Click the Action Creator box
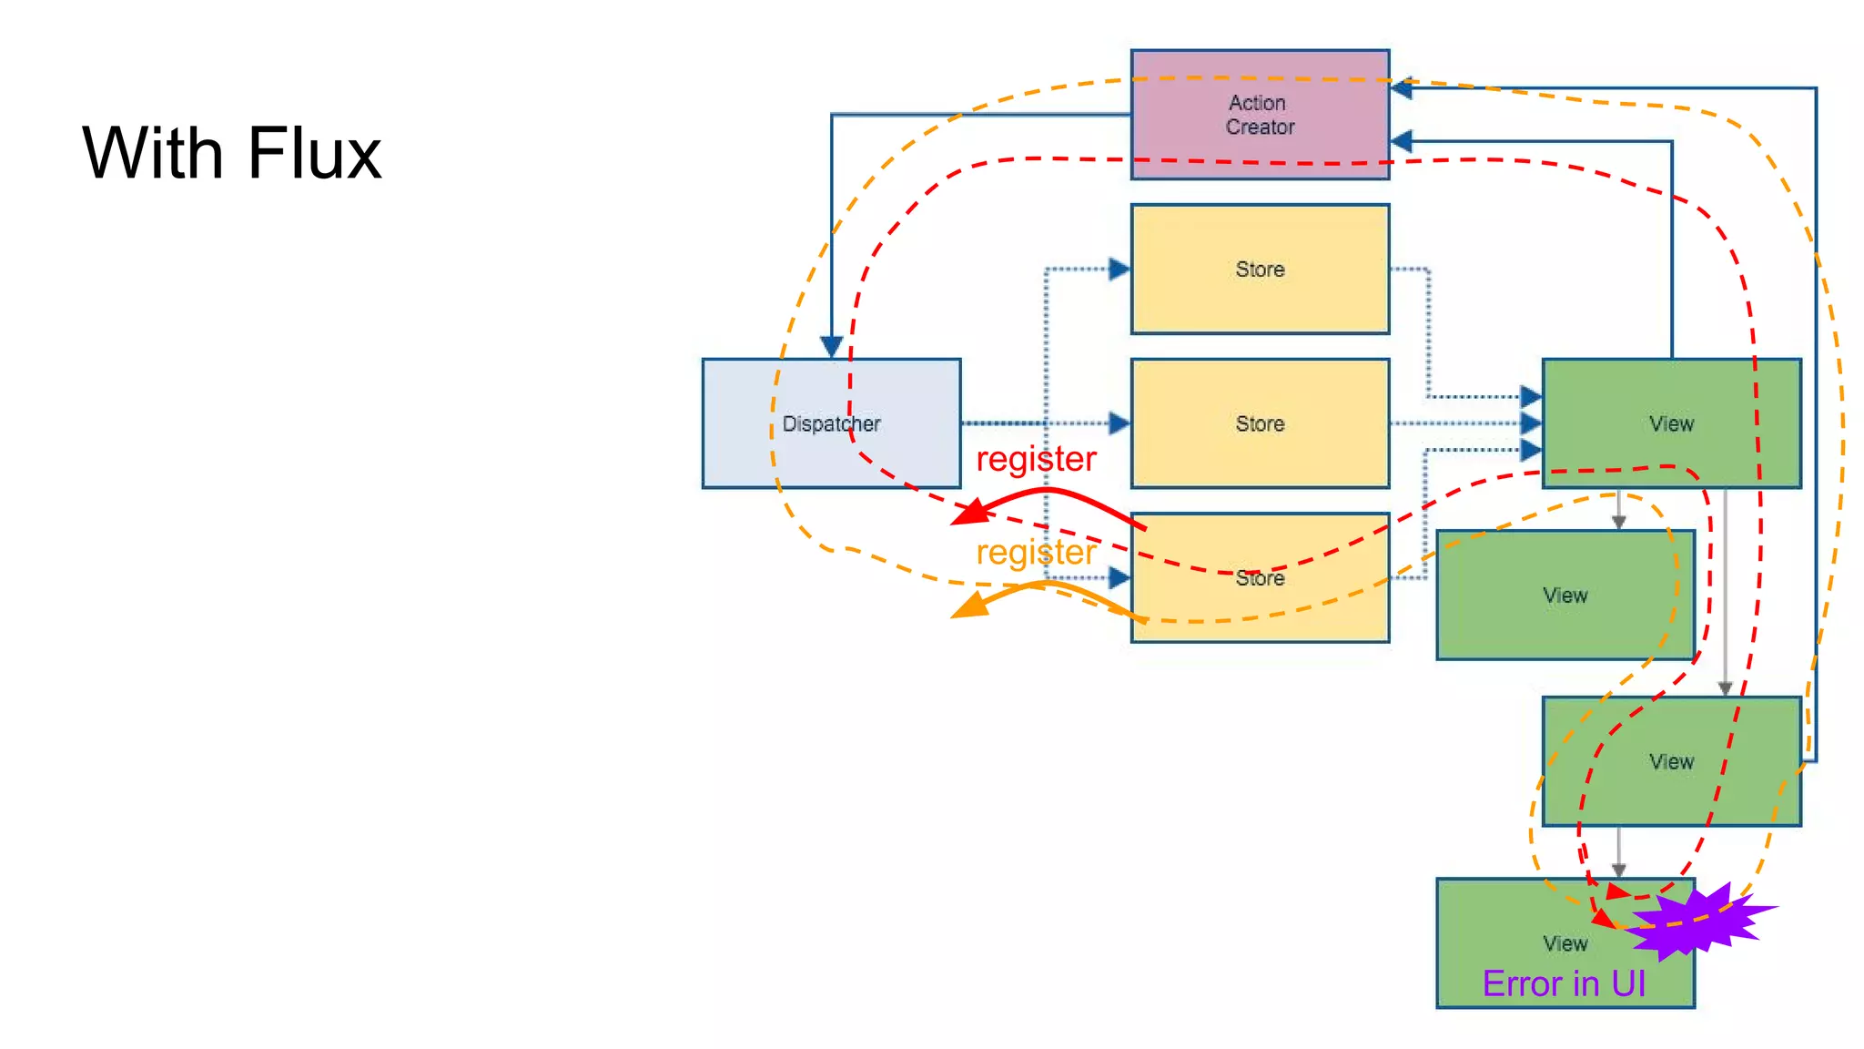1260,115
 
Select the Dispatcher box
831,423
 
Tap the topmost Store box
1260,270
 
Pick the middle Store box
1260,423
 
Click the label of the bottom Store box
1260,578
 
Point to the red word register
1036,459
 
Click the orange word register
1036,552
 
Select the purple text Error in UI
1564,983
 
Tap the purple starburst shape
1697,922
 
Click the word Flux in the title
313,153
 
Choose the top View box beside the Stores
1671,423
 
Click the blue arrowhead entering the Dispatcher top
831,347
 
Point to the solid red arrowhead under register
970,514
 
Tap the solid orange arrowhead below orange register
970,606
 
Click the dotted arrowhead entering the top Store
1119,269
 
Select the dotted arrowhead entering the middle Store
1119,423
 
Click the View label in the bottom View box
1565,943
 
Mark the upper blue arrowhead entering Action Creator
1402,88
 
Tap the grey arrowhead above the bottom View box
1618,871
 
